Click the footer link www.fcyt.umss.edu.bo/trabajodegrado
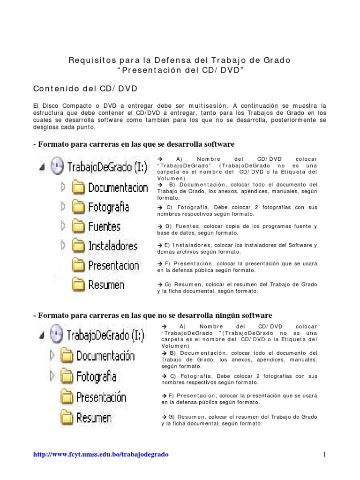101,454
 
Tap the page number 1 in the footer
324,454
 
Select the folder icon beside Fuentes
78,226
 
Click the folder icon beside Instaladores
78,246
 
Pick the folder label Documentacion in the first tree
118,188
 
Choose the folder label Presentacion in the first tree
113,266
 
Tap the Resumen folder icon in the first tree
78,285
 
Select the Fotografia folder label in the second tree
97,376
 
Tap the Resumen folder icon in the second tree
67,417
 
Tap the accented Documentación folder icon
67,356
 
